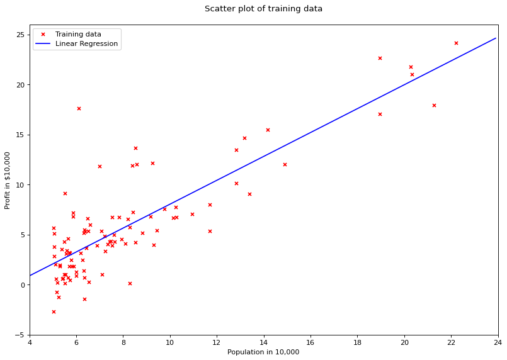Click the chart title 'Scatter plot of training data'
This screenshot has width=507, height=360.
[263, 9]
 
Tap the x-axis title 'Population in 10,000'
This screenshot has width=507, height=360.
[263, 352]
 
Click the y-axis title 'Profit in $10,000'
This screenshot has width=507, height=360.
[8, 180]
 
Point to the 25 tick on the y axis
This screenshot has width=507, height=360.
[20, 35]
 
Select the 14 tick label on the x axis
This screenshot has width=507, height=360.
[264, 343]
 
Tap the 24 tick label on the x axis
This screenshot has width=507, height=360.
[498, 343]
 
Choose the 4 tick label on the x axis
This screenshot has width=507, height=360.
[30, 343]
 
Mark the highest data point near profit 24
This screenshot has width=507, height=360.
[456, 43]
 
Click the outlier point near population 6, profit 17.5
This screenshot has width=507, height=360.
[79, 108]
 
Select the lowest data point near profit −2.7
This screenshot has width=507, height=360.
[54, 312]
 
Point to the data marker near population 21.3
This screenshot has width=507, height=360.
[434, 105]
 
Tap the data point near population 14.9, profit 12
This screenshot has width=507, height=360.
[285, 164]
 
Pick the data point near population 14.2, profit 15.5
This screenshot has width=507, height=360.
[268, 130]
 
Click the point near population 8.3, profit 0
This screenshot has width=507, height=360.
[130, 283]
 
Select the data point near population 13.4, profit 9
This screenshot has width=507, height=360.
[249, 194]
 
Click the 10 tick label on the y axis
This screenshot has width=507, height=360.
[20, 185]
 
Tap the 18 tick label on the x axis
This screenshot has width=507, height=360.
[357, 343]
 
